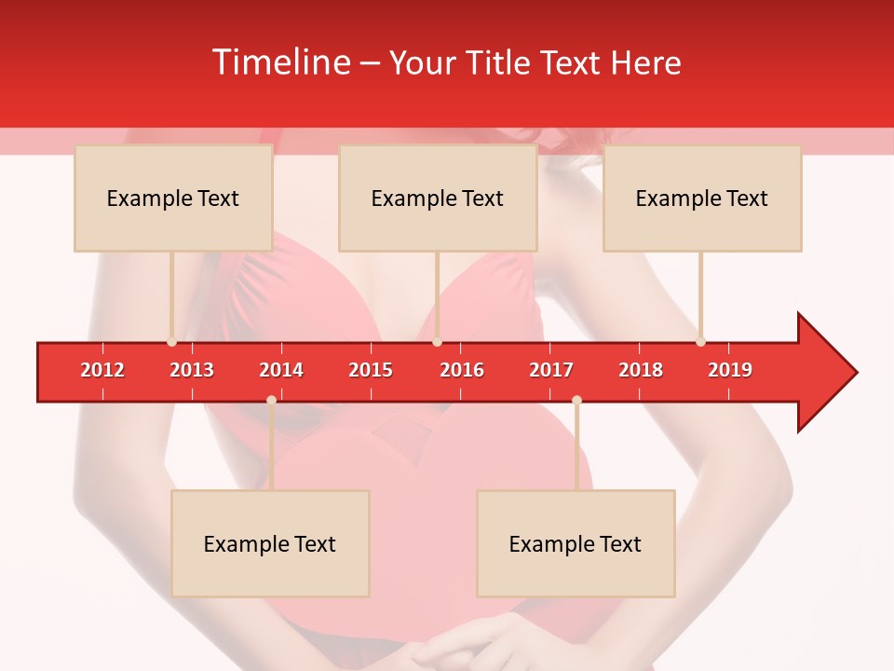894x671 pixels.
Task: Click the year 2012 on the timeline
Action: click(x=102, y=370)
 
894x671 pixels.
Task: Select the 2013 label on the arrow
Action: click(x=192, y=370)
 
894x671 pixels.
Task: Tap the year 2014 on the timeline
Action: click(x=281, y=370)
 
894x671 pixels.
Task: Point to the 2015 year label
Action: click(x=371, y=370)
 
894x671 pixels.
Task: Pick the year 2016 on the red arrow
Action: click(x=462, y=370)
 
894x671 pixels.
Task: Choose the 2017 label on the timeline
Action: click(x=551, y=370)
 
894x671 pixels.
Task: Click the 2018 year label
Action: click(x=641, y=370)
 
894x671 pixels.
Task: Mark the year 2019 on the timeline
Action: click(x=730, y=370)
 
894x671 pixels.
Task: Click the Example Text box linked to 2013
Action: click(x=173, y=198)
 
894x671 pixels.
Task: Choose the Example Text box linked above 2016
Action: click(x=438, y=198)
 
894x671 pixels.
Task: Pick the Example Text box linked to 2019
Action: click(x=702, y=198)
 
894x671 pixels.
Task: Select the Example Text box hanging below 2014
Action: click(x=270, y=543)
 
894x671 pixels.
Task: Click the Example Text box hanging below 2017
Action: click(x=576, y=543)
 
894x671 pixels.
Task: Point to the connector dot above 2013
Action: click(x=171, y=342)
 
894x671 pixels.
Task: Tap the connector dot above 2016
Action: click(x=437, y=342)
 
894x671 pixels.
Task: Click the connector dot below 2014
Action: click(x=271, y=400)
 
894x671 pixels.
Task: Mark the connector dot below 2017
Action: click(x=576, y=400)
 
